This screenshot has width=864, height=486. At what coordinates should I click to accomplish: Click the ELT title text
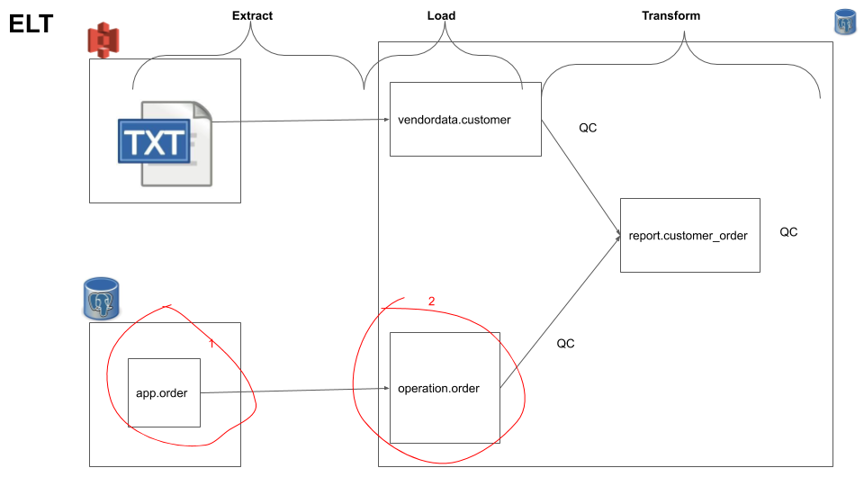pyautogui.click(x=31, y=24)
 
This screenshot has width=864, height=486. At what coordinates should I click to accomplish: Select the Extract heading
pyautogui.click(x=252, y=15)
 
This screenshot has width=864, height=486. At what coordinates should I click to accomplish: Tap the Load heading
pyautogui.click(x=441, y=15)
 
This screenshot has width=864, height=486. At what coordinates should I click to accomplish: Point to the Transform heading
pyautogui.click(x=670, y=15)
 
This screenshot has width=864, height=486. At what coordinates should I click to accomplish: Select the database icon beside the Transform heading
pyautogui.click(x=844, y=22)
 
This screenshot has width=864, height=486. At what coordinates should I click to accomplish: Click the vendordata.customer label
pyautogui.click(x=454, y=120)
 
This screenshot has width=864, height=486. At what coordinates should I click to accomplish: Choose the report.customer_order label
pyautogui.click(x=688, y=235)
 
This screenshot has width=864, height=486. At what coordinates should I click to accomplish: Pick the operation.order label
pyautogui.click(x=438, y=389)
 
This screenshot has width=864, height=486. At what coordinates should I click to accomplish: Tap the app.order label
pyautogui.click(x=162, y=393)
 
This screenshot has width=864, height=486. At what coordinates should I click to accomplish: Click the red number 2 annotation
pyautogui.click(x=431, y=301)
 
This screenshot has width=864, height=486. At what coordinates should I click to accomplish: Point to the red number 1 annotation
pyautogui.click(x=211, y=343)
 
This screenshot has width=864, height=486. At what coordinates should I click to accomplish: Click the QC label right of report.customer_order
pyautogui.click(x=788, y=232)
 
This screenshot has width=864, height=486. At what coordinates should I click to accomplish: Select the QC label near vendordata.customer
pyautogui.click(x=588, y=128)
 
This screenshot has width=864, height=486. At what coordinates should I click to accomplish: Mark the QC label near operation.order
pyautogui.click(x=565, y=343)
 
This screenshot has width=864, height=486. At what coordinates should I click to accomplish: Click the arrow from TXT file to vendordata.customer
pyautogui.click(x=297, y=121)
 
